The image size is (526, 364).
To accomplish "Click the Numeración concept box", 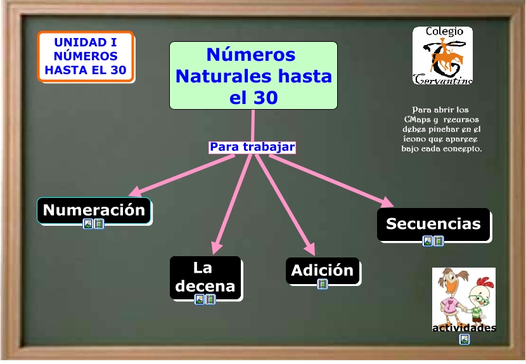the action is (94, 210).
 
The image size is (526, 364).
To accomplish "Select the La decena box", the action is (205, 276).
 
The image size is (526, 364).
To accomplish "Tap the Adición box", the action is (322, 270).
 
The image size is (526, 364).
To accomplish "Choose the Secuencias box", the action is (433, 224).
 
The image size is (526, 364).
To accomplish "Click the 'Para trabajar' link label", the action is (252, 147).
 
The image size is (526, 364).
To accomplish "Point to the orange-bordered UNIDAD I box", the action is (86, 56).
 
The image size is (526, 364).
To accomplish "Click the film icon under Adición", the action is (323, 284).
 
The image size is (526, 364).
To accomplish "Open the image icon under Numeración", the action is (88, 224).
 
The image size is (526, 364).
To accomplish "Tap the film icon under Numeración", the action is (99, 224).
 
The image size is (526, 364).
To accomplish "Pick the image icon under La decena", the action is (200, 299).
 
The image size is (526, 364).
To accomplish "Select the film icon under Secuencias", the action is (439, 241).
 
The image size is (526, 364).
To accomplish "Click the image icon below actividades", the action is (465, 339).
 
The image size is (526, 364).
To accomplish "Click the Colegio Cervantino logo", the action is (442, 56).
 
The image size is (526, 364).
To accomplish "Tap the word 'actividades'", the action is (464, 328).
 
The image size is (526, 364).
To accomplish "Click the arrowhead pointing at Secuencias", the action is (386, 202).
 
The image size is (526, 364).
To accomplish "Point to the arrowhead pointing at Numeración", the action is (135, 191).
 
